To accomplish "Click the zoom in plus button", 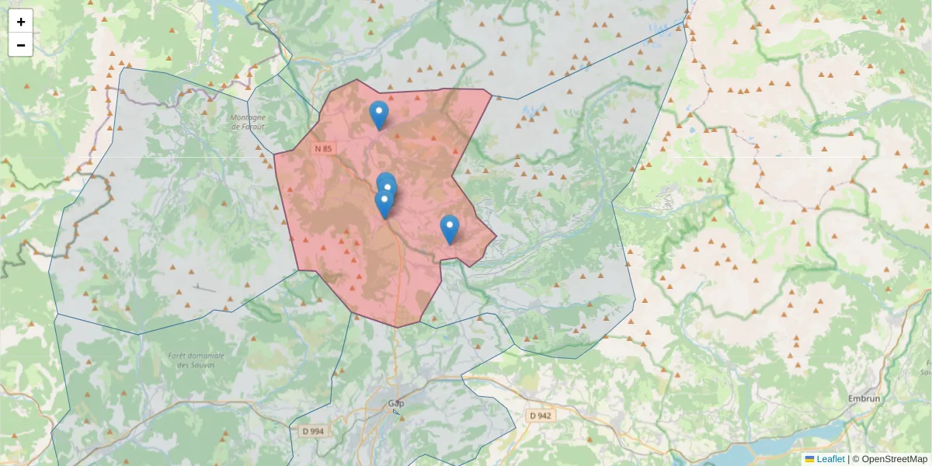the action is pos(21,22).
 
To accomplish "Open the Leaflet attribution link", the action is pos(830,459).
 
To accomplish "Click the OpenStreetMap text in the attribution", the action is pos(894,459).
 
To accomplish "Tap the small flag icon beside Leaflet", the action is pos(809,459).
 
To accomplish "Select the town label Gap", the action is pos(396,403).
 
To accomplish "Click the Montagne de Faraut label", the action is pos(248,122).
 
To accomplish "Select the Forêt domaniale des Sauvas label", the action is pos(185,360).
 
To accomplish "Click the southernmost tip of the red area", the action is pos(397,327).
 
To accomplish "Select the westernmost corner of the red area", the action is pos(274,154).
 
